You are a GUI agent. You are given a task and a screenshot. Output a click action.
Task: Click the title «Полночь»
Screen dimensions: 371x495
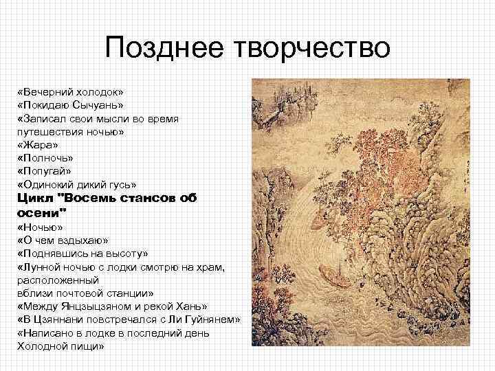pyautogui.click(x=43, y=157)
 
